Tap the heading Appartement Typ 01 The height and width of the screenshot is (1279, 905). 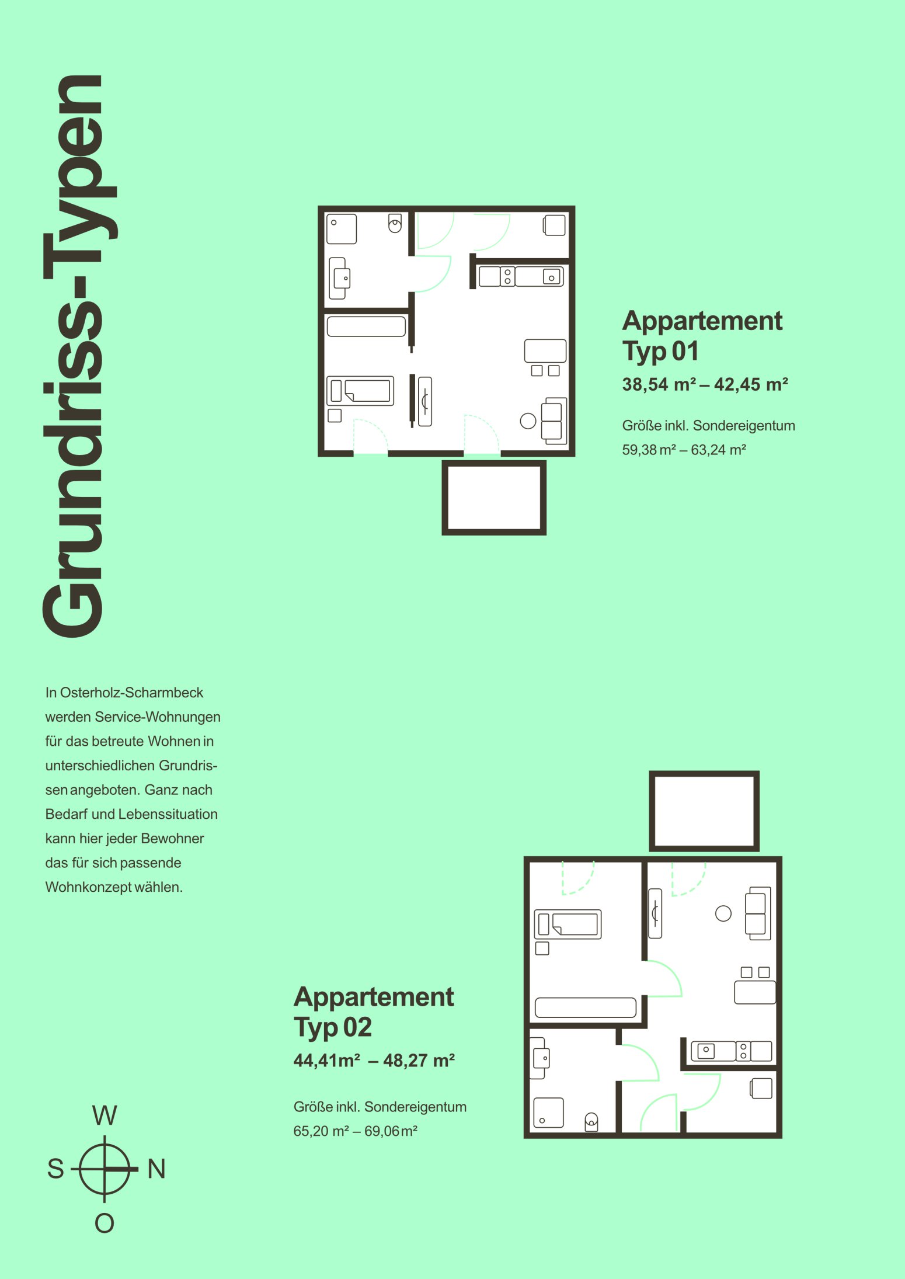coord(702,336)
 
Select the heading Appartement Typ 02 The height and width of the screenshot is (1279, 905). coord(374,1012)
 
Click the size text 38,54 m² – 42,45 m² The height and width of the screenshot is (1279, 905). coord(705,384)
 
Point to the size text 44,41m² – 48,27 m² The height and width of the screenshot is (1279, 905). coord(374,1061)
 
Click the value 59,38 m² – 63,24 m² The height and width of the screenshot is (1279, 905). coord(684,450)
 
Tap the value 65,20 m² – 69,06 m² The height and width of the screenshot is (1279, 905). coord(356,1131)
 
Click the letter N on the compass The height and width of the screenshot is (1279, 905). coord(156,1169)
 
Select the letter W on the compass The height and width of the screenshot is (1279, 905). coord(105,1115)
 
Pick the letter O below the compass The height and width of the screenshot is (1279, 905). coord(105,1223)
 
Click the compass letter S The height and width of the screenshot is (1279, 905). coord(55,1169)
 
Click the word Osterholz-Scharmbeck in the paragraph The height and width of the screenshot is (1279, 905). coord(132,693)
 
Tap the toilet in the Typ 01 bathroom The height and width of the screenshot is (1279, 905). coord(395,223)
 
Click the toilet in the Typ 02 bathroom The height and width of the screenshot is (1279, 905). coord(591,1122)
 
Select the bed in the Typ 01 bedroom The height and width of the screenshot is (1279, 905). coord(360,391)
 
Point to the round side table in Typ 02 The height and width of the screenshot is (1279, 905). coord(723,913)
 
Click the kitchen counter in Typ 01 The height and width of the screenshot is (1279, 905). coord(521,276)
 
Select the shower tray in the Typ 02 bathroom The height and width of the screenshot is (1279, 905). coord(548,1113)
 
